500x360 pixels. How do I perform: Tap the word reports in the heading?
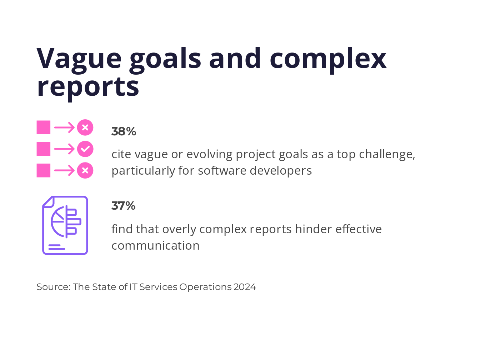88,88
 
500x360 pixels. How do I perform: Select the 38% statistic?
124,131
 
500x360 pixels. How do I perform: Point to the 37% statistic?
124,206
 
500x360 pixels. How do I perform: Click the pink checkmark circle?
85,149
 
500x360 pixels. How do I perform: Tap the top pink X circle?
85,127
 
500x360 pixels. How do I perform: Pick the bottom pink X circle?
85,170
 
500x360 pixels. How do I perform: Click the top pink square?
44,127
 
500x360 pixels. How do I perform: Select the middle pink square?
44,149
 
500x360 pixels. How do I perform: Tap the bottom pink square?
44,170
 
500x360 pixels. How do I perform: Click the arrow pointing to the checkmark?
64,149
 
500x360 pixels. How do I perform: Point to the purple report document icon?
65,225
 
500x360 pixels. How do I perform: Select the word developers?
281,171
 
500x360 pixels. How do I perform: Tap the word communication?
155,246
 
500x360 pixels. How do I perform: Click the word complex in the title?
328,59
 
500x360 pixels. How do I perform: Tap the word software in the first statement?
222,171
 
